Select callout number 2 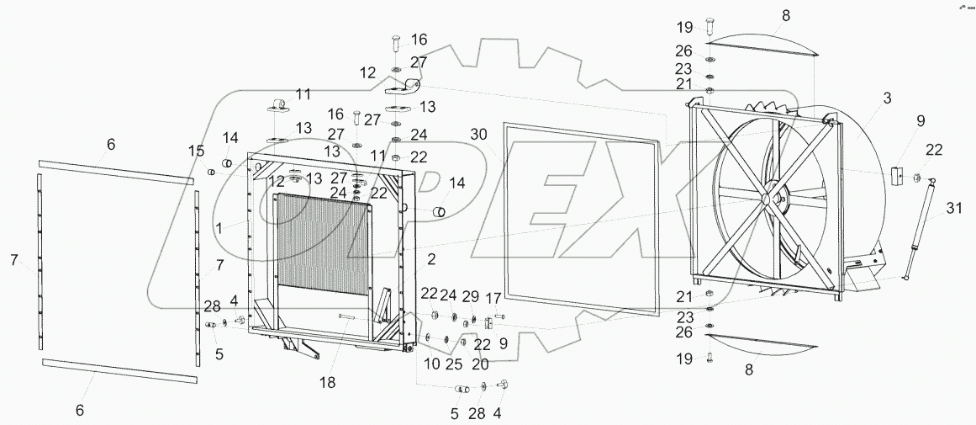click(x=430, y=258)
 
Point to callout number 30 click(x=478, y=135)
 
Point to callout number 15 click(x=196, y=151)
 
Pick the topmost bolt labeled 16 click(x=396, y=44)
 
